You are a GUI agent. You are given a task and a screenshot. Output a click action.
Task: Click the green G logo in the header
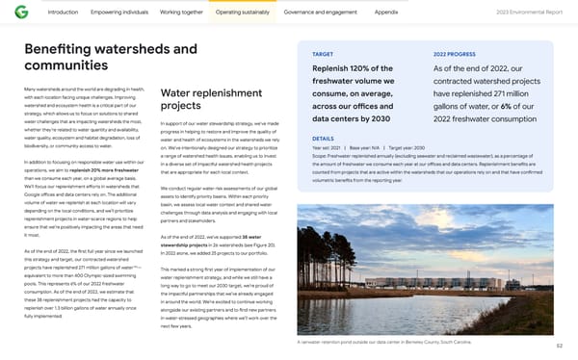21,13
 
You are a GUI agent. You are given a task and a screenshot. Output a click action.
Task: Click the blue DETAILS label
325,139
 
